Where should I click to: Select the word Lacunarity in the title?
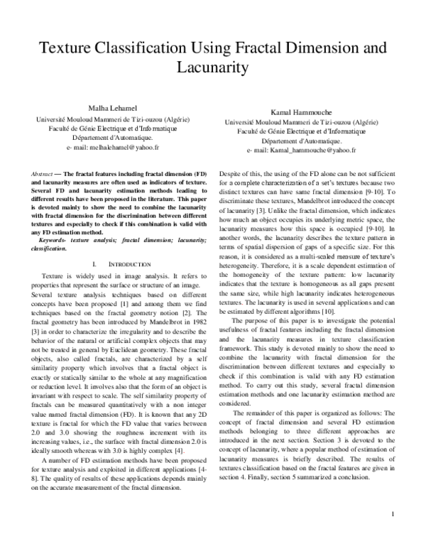(x=212, y=68)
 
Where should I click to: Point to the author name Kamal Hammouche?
(x=301, y=113)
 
